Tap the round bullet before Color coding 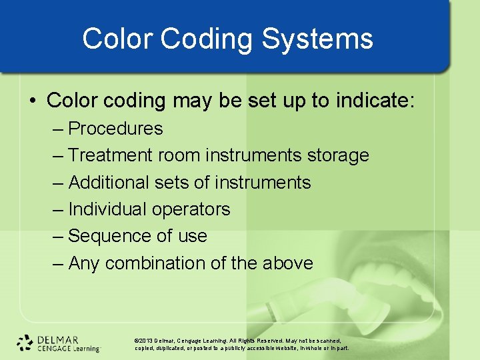[x=33, y=101]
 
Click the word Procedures [x=115, y=128]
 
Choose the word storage [x=337, y=155]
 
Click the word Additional [x=109, y=182]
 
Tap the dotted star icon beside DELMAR [x=25, y=342]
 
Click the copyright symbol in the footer [x=137, y=340]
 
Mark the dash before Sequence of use [x=58, y=236]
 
